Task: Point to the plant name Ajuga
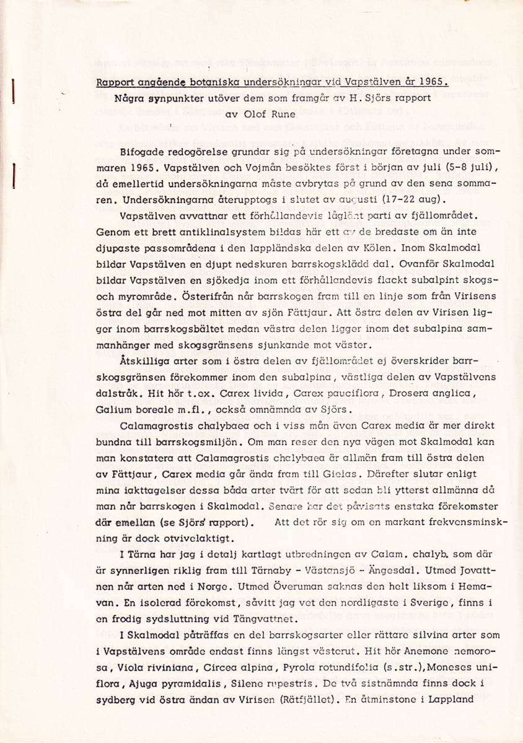[147, 684]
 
